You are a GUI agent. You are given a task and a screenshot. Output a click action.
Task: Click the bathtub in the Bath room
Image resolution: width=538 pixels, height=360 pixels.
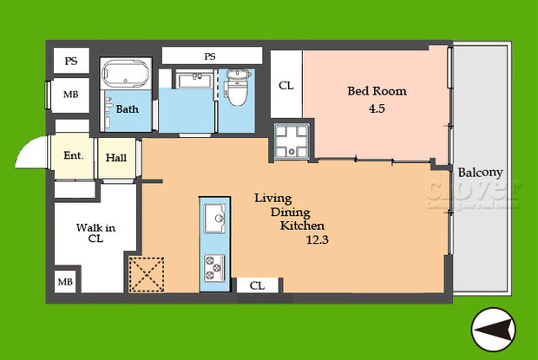(127, 76)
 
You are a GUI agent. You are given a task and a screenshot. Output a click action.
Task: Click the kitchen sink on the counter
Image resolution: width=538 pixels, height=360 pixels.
(213, 218)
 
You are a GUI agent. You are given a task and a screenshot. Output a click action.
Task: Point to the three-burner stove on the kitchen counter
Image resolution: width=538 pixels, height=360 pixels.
(213, 265)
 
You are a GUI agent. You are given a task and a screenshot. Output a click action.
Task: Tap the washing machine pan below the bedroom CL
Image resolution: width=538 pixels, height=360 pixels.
(292, 141)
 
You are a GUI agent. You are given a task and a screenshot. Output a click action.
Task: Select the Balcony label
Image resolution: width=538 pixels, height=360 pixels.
(479, 172)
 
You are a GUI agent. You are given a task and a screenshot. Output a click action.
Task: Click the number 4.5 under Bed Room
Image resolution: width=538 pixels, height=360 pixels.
(377, 109)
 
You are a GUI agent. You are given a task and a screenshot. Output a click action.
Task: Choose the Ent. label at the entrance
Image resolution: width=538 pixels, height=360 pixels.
(73, 157)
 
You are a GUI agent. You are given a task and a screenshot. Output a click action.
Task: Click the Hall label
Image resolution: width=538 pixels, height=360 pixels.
(117, 159)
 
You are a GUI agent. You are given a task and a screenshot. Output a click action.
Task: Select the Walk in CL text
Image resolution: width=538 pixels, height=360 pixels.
(95, 234)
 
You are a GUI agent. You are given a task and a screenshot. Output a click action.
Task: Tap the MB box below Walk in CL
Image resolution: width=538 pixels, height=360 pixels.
(66, 282)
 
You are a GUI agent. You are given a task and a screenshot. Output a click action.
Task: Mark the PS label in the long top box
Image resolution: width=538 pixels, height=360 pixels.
(210, 56)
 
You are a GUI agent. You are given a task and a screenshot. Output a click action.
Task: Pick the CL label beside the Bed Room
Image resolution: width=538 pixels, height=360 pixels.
(285, 86)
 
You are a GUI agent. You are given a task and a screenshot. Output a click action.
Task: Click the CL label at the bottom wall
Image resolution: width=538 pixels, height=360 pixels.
(258, 285)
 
